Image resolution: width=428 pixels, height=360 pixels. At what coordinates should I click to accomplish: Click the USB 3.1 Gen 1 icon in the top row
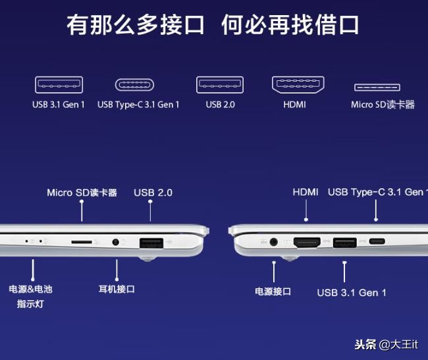(x=59, y=85)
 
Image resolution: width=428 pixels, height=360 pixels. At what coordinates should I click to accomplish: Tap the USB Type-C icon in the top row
(x=134, y=85)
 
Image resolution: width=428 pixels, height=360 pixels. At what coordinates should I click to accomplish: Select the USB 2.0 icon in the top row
(x=220, y=85)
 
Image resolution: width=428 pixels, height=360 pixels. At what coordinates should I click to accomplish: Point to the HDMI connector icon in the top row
(x=298, y=85)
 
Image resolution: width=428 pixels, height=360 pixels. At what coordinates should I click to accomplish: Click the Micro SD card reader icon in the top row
(x=377, y=88)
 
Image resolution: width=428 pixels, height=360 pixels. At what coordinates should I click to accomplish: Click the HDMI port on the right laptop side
(x=307, y=242)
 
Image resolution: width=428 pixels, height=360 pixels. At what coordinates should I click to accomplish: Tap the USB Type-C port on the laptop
(x=377, y=242)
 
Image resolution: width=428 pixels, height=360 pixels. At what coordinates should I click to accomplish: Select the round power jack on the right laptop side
(x=273, y=242)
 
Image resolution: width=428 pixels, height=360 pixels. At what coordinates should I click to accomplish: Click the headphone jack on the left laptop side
(x=116, y=242)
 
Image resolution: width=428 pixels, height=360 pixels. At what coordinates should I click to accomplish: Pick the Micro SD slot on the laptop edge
(x=82, y=242)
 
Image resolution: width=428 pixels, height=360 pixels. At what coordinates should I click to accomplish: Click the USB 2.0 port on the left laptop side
(x=151, y=243)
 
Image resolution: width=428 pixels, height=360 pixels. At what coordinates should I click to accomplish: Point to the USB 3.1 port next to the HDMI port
(x=345, y=242)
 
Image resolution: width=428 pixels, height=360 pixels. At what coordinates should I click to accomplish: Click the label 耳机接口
(x=117, y=289)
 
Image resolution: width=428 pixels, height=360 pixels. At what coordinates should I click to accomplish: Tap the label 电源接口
(x=273, y=292)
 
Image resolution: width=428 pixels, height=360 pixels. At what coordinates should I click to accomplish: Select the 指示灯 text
(x=30, y=303)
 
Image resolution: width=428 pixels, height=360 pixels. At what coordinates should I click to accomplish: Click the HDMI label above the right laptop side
(x=306, y=192)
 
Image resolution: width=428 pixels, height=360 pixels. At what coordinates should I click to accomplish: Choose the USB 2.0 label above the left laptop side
(x=153, y=193)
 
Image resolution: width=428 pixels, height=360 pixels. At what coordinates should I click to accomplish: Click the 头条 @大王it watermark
(x=386, y=344)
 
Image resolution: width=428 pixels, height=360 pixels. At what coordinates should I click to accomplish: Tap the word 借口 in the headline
(x=337, y=25)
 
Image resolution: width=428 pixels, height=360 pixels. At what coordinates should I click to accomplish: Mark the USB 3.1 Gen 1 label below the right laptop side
(x=352, y=293)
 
